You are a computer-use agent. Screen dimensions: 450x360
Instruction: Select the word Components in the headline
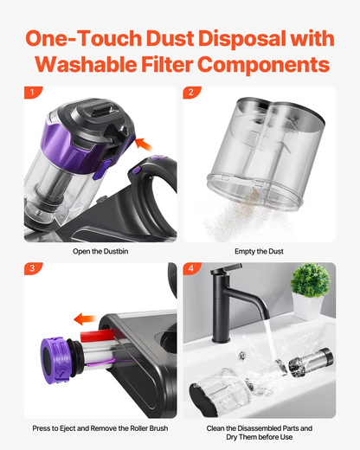coord(274,65)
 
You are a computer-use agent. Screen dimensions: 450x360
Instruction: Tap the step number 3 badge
coord(33,269)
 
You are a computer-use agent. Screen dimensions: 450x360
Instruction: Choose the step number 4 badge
coord(191,269)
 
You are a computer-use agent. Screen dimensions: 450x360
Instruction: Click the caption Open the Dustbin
coord(100,252)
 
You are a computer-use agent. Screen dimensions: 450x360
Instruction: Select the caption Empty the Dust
coord(259,252)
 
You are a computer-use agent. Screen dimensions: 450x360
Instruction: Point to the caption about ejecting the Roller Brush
coord(100,428)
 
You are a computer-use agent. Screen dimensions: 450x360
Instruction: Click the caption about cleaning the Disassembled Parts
coord(259,433)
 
